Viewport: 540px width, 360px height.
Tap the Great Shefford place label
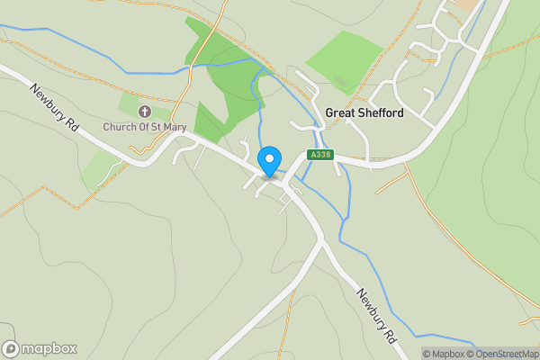[364, 113]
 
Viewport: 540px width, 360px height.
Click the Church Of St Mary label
[144, 127]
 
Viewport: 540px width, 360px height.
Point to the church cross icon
[144, 112]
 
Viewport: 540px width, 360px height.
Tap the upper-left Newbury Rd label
[55, 110]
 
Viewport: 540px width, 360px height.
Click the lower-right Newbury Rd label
[377, 316]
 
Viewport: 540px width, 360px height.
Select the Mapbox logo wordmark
[49, 349]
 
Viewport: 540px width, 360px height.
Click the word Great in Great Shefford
[340, 113]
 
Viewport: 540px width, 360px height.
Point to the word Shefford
[381, 113]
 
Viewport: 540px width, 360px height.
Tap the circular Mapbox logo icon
[11, 349]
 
